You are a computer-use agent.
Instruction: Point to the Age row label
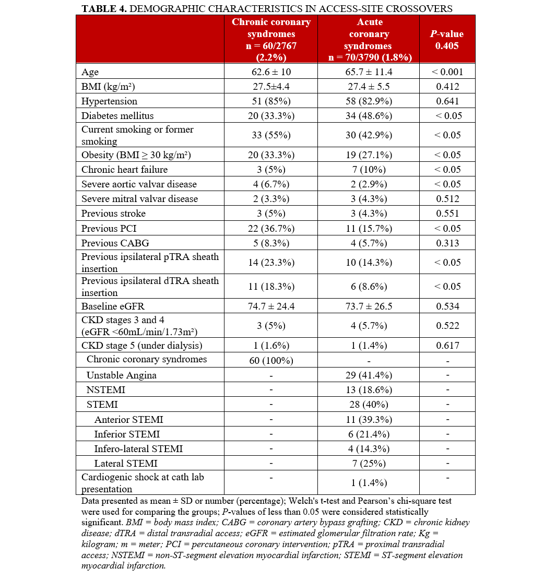(x=90, y=72)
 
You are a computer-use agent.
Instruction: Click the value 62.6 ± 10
(x=271, y=72)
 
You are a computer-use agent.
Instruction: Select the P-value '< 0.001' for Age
(x=448, y=72)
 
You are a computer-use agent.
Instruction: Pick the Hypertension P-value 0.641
(x=448, y=101)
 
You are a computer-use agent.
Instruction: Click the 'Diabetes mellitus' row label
(x=117, y=115)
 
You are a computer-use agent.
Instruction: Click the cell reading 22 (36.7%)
(x=271, y=228)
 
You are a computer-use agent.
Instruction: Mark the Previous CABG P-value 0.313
(x=448, y=243)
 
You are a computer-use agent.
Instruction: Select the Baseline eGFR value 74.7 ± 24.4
(x=271, y=306)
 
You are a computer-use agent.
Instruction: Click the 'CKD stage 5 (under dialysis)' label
(x=141, y=345)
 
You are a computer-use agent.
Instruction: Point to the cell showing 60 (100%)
(x=271, y=360)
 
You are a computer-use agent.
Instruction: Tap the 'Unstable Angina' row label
(x=122, y=375)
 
